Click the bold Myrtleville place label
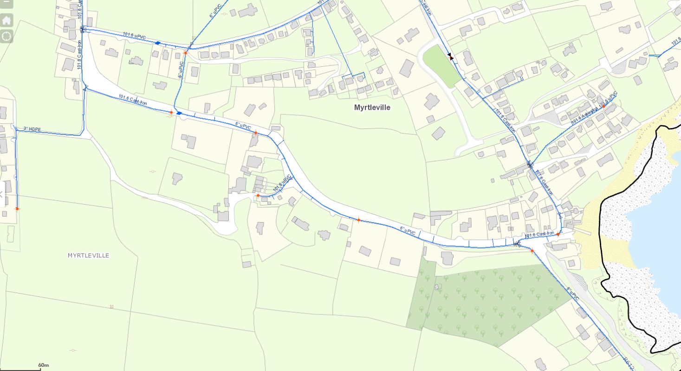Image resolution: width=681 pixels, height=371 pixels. pos(372,108)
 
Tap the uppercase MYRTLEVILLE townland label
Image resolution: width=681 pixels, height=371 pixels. pos(88,256)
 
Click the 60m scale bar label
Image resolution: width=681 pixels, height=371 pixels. pos(44,365)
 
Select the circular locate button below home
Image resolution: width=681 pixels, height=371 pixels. pos(6,36)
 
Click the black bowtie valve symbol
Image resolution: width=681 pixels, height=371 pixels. pos(450,56)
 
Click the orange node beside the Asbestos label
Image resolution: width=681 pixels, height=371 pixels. pos(604,106)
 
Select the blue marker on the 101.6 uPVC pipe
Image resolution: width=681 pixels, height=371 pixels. pos(158,43)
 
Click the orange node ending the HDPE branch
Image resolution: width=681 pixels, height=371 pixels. pos(17,209)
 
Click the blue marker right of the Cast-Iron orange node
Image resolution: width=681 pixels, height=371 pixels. pos(179,113)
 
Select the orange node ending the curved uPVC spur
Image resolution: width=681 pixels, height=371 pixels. pos(258,195)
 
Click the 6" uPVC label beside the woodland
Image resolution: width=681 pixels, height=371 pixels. pos(572,294)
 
